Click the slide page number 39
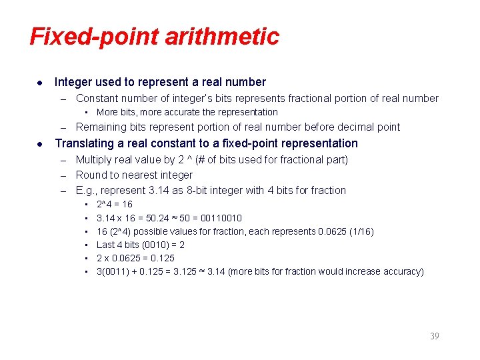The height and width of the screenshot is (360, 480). coord(434,336)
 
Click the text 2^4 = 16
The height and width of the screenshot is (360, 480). coord(115,204)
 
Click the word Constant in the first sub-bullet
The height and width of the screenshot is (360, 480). coord(98,98)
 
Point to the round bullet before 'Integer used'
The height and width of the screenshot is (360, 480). coord(41,83)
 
